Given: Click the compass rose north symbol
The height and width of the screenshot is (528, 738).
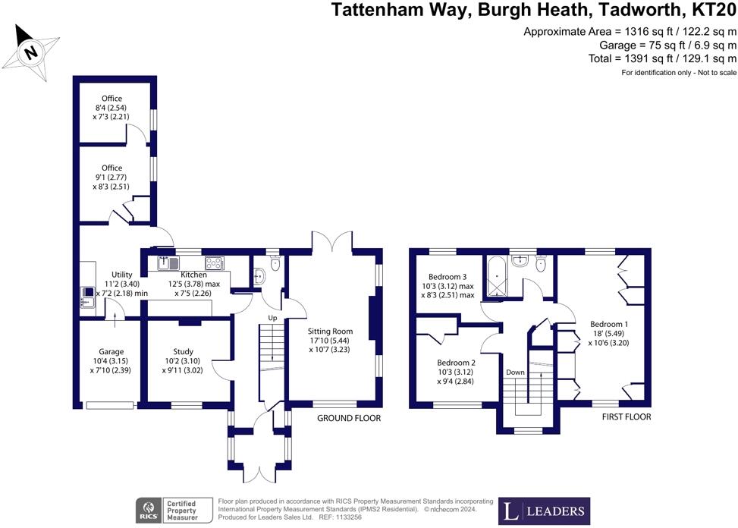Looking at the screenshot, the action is [30, 52].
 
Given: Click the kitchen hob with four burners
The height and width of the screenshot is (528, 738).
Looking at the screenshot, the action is [215, 262].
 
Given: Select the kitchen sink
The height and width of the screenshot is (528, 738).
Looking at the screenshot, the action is [168, 262].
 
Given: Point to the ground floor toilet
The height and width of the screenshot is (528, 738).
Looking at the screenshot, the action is [275, 263].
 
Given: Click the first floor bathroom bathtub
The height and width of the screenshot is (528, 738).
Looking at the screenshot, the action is [497, 277].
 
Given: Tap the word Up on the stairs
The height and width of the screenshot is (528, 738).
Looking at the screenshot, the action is [272, 318].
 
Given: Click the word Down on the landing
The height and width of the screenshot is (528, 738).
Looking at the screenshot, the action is [515, 372].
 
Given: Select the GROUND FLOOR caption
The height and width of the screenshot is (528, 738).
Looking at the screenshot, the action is [349, 418].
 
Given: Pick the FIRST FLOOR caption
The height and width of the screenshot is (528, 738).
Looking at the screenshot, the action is [627, 416].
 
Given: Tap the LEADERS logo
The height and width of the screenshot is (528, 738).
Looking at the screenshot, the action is [544, 511].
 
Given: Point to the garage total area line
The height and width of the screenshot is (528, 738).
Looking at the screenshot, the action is [667, 46].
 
